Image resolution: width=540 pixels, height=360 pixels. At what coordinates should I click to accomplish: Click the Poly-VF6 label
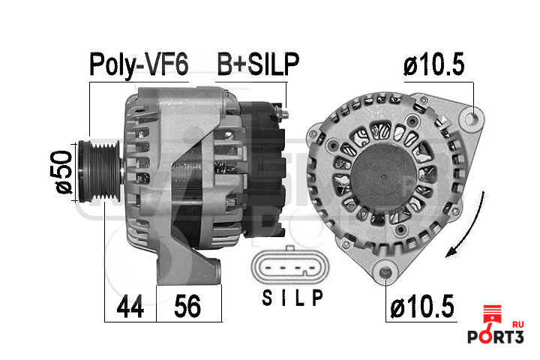[x=139, y=64]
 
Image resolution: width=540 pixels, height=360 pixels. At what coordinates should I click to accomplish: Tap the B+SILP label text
[x=258, y=64]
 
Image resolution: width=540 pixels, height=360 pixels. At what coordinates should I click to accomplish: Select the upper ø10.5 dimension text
[x=434, y=64]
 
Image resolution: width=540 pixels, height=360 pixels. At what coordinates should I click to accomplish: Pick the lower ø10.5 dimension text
[x=422, y=307]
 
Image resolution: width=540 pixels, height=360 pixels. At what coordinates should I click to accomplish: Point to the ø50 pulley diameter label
[x=63, y=172]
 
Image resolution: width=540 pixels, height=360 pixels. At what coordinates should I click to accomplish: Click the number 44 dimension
[x=130, y=307]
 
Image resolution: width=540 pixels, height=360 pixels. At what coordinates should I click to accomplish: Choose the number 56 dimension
[x=187, y=306]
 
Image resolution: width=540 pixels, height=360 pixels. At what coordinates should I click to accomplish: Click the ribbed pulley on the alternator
[x=99, y=171]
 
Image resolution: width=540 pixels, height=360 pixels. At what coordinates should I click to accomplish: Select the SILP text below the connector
[x=292, y=298]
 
